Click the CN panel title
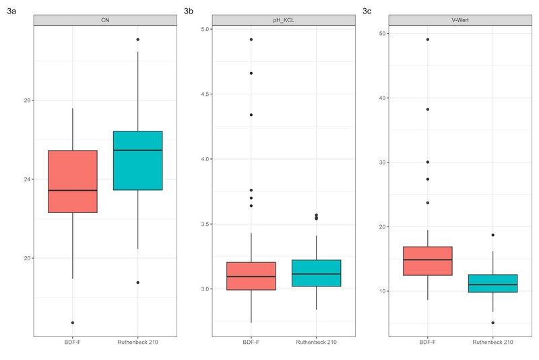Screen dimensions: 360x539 pyautogui.click(x=105, y=20)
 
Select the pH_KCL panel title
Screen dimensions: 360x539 pyautogui.click(x=284, y=20)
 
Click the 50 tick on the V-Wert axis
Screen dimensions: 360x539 pyautogui.click(x=381, y=34)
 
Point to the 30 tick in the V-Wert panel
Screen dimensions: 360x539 pyautogui.click(x=381, y=162)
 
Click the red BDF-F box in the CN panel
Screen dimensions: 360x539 pyautogui.click(x=72, y=181)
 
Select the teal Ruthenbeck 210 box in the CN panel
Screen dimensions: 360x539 pyautogui.click(x=137, y=160)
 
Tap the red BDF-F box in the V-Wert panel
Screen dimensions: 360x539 pyautogui.click(x=427, y=261)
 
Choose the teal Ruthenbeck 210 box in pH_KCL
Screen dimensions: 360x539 pyautogui.click(x=316, y=273)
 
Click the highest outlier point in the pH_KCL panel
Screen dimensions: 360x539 pyautogui.click(x=251, y=40)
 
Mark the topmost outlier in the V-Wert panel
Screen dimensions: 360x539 pyautogui.click(x=427, y=40)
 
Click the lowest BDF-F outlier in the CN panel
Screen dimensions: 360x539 pyautogui.click(x=72, y=323)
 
